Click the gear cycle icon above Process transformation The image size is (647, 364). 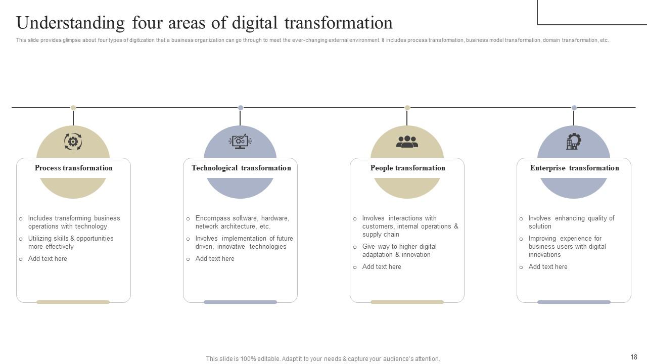[73, 142]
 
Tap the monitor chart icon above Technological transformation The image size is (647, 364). [240, 141]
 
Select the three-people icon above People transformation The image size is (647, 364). [407, 142]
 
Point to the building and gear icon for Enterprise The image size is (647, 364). [574, 141]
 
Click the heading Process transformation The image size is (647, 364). [73, 168]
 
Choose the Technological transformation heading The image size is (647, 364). [241, 168]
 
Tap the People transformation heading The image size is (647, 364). [407, 168]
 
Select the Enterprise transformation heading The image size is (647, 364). [574, 168]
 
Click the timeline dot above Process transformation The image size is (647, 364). [73, 108]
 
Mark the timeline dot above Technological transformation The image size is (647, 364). [241, 108]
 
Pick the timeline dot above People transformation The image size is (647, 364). [407, 108]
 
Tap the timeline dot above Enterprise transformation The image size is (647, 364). [574, 108]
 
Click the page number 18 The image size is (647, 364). [634, 357]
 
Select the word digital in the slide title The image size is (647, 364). [255, 23]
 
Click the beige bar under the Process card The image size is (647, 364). [73, 302]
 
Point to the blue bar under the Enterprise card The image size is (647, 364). [574, 302]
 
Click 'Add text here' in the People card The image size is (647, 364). [382, 267]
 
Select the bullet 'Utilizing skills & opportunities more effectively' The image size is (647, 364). [70, 243]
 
